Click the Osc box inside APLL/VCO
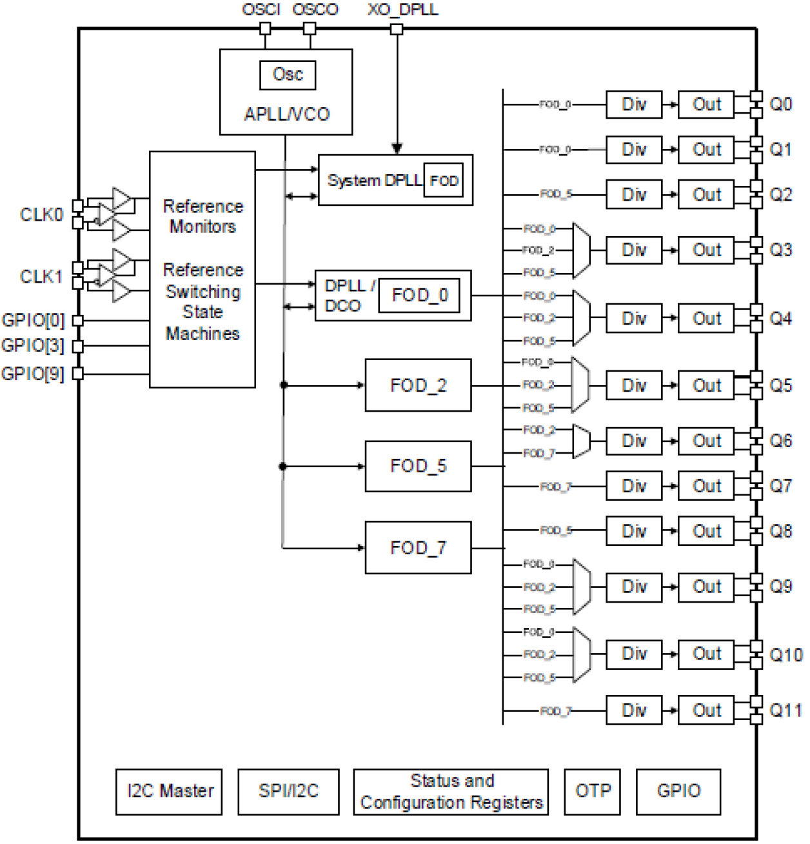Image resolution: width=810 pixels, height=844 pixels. [288, 75]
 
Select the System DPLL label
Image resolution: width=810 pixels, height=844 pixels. [374, 181]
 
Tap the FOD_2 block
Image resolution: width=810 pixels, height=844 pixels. [418, 385]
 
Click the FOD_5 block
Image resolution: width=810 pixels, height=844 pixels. [418, 466]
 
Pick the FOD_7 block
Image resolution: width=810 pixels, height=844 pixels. [418, 548]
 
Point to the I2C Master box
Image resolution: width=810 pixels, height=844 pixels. [169, 791]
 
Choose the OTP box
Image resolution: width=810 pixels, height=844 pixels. [592, 791]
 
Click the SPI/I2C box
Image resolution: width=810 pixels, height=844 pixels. [288, 791]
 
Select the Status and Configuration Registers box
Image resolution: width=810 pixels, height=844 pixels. [451, 791]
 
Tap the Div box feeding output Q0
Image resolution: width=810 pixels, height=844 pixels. [634, 105]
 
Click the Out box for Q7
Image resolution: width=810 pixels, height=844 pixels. [706, 486]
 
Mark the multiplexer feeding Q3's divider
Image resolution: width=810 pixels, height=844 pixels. [581, 250]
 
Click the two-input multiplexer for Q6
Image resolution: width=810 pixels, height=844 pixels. [581, 441]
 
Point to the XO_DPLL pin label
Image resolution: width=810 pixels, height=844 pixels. [402, 10]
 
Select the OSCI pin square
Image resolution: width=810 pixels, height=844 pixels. [265, 28]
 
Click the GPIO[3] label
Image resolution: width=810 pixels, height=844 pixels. [33, 346]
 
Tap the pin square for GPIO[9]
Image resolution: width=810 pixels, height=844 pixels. [77, 373]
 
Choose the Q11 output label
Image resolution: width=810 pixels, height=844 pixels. [785, 710]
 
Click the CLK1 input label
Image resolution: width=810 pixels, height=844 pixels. [41, 277]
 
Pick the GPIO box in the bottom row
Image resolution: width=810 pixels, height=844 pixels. [678, 791]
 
